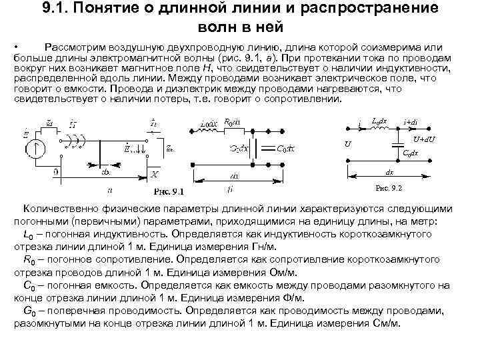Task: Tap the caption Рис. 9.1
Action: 168,191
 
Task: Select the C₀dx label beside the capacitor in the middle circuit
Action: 287,149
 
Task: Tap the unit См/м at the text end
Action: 387,323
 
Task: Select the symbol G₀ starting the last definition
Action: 29,311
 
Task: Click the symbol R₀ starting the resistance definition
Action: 29,260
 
